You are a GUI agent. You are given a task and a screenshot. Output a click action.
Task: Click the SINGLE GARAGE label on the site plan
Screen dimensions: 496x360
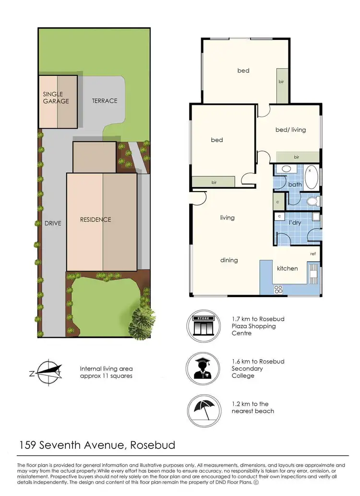click(56, 97)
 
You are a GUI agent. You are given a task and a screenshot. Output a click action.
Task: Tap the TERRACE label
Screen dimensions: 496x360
click(104, 101)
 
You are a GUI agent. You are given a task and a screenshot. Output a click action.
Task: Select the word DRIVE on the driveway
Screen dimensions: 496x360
click(53, 223)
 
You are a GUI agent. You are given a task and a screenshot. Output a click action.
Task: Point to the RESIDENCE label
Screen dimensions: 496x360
click(96, 219)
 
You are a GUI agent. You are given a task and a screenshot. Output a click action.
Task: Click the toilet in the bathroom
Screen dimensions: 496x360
click(312, 201)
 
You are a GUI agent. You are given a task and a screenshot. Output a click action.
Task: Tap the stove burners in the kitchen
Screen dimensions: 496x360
click(278, 289)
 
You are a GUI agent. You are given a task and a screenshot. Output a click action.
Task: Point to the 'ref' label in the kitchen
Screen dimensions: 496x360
click(312, 254)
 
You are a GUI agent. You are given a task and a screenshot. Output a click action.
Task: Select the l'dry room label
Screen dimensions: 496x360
click(294, 223)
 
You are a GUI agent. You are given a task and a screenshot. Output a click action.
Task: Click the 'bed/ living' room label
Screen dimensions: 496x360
click(290, 130)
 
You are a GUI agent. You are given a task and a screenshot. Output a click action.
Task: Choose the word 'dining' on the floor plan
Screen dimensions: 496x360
click(229, 260)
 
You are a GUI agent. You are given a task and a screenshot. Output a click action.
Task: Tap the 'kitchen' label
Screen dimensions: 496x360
click(287, 268)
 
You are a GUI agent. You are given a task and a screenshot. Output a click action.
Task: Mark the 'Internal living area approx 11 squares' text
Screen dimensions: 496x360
click(106, 372)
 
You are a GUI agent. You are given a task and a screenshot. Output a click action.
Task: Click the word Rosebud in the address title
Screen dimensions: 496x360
click(152, 445)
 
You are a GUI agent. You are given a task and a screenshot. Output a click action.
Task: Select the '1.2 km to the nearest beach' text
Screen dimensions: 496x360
click(252, 407)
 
